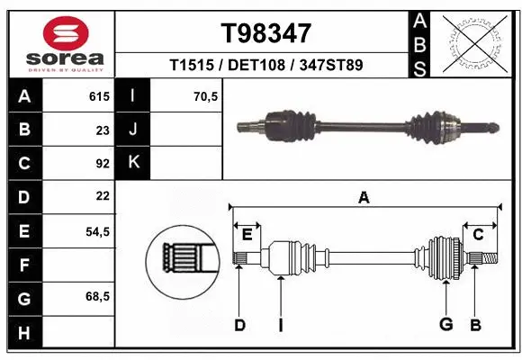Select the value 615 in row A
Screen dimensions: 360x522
point(98,94)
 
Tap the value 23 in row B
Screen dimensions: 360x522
point(103,129)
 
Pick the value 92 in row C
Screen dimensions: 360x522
point(103,163)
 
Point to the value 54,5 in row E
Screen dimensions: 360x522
point(97,231)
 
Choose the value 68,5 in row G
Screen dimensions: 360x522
point(97,297)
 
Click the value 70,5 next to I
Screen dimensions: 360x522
point(206,94)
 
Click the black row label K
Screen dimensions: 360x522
point(133,163)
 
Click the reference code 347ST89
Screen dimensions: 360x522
point(331,66)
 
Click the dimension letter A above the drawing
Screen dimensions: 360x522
point(364,197)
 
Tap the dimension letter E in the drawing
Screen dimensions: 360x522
point(247,235)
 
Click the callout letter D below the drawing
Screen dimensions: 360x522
point(239,325)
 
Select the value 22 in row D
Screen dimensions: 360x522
point(103,196)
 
